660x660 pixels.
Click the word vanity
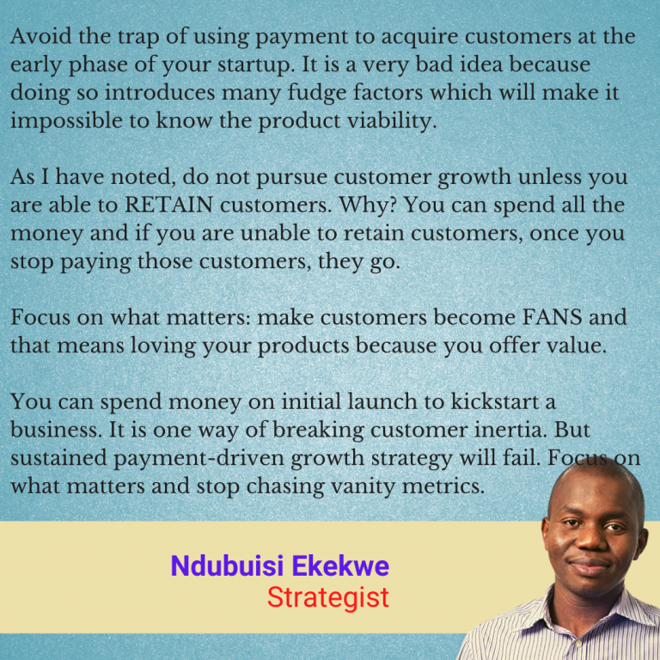tap(354, 485)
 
